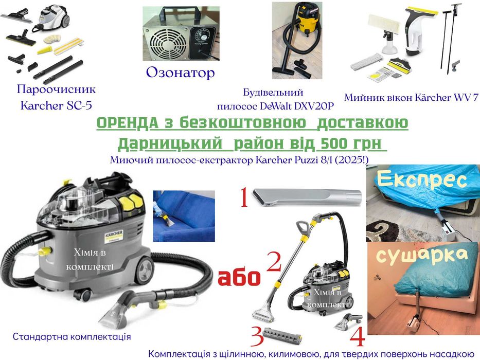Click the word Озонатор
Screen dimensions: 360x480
tap(180, 73)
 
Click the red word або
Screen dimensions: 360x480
tap(240, 278)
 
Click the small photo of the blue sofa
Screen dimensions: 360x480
tap(184, 215)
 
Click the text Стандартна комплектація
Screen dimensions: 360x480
tap(72, 337)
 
